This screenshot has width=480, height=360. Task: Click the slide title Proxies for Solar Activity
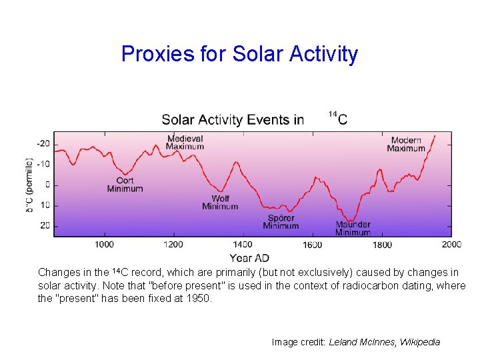239,54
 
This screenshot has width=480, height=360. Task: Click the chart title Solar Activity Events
232,120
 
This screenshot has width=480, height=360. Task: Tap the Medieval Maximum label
185,142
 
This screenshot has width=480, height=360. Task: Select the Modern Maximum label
406,144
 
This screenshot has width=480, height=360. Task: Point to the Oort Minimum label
125,185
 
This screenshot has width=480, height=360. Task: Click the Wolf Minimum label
220,203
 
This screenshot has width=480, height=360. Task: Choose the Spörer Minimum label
281,222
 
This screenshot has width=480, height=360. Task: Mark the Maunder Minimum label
353,229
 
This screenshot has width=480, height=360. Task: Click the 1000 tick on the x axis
104,245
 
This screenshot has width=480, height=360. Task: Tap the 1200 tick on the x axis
173,245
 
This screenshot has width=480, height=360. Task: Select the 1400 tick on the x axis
243,245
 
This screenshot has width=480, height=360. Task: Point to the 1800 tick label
382,245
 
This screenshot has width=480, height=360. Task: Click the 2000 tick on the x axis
451,245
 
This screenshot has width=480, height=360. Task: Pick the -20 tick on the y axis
43,144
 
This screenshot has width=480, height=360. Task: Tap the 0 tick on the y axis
47,185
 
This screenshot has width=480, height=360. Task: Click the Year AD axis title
249,258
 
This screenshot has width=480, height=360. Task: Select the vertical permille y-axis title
29,185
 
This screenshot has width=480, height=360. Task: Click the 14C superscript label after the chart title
338,119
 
